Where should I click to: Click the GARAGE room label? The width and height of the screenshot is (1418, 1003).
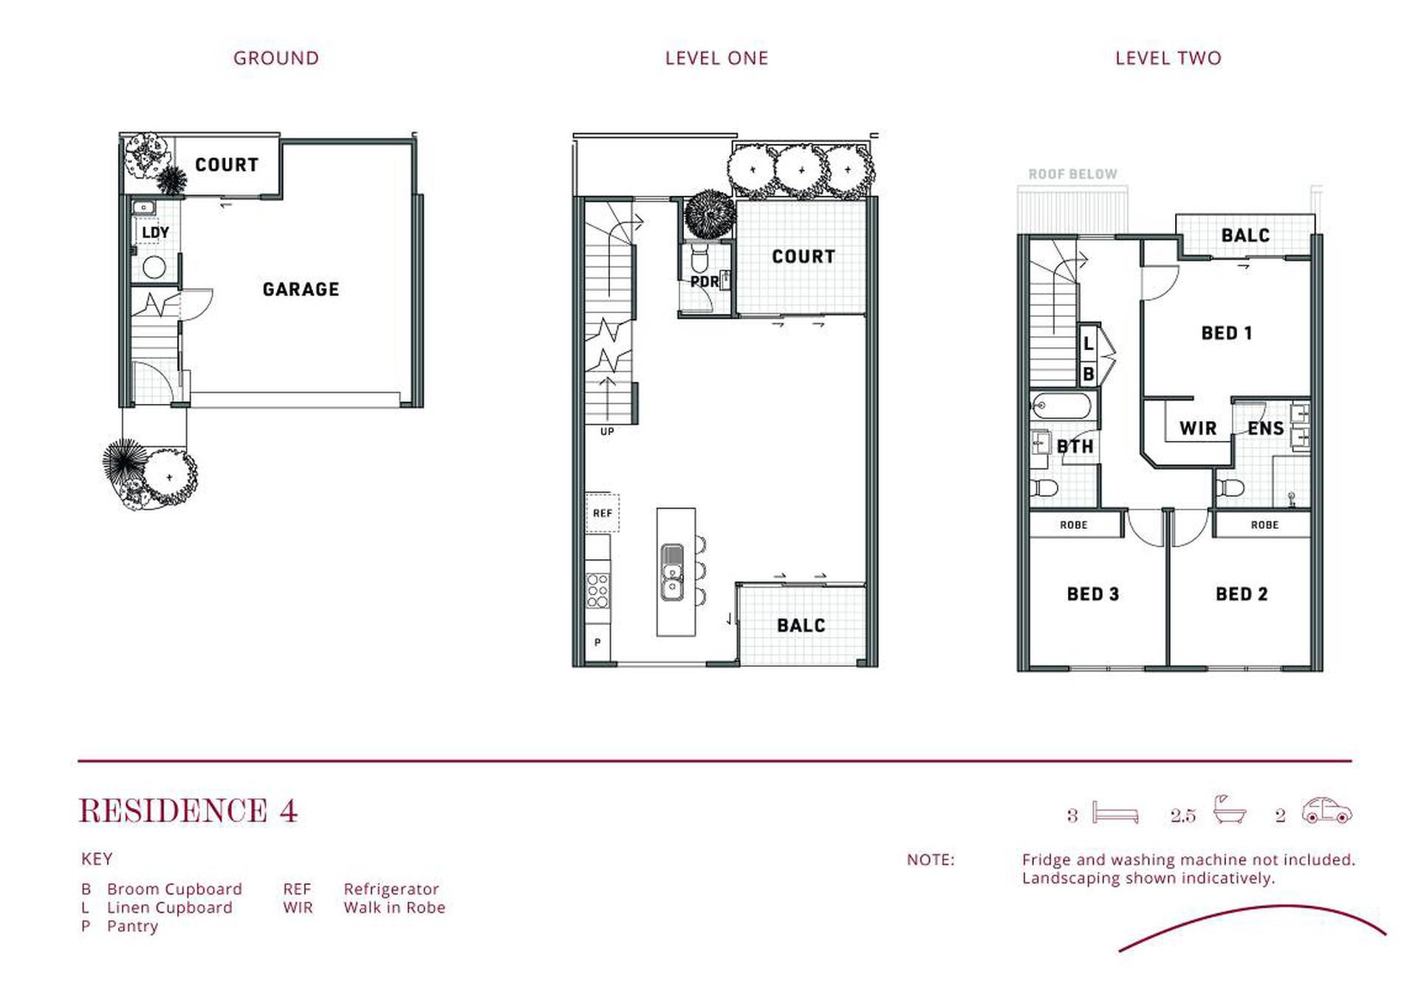click(x=301, y=289)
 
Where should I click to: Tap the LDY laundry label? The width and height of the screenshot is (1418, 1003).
click(x=155, y=233)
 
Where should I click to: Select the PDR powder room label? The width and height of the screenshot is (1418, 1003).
click(x=705, y=281)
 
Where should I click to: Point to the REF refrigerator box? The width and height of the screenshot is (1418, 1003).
click(x=602, y=513)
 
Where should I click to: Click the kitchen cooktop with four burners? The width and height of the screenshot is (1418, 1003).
click(x=597, y=591)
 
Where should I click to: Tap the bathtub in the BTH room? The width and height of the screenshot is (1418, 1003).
click(x=1061, y=406)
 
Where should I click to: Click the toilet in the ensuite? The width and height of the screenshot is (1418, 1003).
click(x=1230, y=487)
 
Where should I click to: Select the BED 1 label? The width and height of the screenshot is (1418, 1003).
click(x=1226, y=333)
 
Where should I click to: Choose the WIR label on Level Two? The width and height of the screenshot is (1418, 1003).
click(x=1197, y=428)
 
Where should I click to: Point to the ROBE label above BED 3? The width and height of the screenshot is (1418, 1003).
click(x=1073, y=525)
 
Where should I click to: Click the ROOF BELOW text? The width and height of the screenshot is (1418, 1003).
click(x=1072, y=174)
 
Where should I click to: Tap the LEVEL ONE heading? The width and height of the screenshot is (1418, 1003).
click(x=716, y=58)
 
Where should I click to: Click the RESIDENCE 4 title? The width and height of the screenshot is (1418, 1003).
click(x=188, y=811)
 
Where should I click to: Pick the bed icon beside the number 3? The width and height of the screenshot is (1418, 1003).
click(x=1115, y=812)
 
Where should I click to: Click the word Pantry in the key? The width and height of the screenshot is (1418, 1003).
click(x=132, y=926)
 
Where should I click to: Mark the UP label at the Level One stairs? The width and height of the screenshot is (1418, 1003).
click(x=607, y=431)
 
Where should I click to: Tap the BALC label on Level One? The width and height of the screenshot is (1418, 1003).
click(x=801, y=626)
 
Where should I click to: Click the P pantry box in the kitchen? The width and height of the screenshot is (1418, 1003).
click(x=597, y=643)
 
